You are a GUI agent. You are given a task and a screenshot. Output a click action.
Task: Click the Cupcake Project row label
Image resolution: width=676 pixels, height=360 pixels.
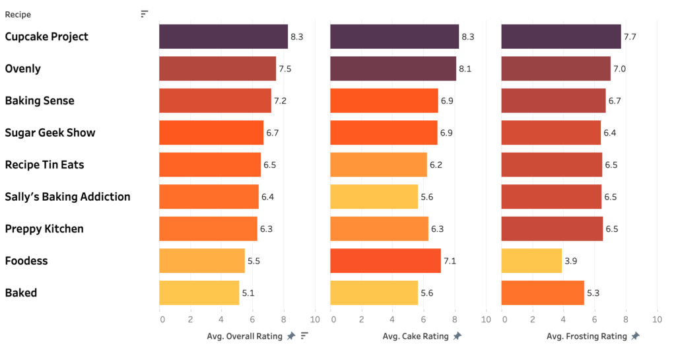[x=46, y=37]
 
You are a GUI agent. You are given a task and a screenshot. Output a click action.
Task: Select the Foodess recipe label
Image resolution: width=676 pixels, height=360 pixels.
[x=26, y=261]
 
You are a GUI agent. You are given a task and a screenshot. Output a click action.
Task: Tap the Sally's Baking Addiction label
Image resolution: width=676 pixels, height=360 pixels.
[x=67, y=197]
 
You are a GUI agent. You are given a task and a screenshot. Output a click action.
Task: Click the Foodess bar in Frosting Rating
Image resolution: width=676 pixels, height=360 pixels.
[x=531, y=261]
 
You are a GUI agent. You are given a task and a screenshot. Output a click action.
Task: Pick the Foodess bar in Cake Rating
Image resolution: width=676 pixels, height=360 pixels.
[x=385, y=261]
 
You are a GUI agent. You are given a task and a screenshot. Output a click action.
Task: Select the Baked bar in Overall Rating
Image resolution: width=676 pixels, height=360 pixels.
[x=199, y=293]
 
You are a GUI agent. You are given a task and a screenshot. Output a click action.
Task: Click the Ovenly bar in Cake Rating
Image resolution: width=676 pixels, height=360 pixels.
[x=393, y=69]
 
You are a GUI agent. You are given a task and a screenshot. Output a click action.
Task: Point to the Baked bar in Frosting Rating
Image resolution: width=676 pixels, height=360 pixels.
[x=543, y=293]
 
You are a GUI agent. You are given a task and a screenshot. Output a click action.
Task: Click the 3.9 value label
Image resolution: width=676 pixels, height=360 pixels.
[x=572, y=261]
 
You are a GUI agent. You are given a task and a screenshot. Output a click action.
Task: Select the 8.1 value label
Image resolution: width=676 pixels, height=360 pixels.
[x=467, y=69]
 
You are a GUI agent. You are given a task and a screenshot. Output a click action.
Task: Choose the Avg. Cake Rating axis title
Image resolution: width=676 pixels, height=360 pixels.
[x=415, y=336]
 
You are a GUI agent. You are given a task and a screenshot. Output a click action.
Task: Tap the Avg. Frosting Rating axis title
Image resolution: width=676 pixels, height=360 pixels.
[x=586, y=336]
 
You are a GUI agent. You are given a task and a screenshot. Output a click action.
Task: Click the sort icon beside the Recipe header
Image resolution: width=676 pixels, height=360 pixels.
[x=145, y=14]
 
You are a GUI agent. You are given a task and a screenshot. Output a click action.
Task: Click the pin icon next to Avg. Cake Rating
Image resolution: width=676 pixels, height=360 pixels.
[x=457, y=336]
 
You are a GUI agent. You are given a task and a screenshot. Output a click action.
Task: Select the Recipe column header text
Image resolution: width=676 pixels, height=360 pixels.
[x=18, y=15]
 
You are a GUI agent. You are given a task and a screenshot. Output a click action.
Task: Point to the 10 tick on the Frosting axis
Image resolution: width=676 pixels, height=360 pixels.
[x=656, y=320]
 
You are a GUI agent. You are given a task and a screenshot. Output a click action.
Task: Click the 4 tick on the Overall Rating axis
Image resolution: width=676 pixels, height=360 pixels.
[x=222, y=320]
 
